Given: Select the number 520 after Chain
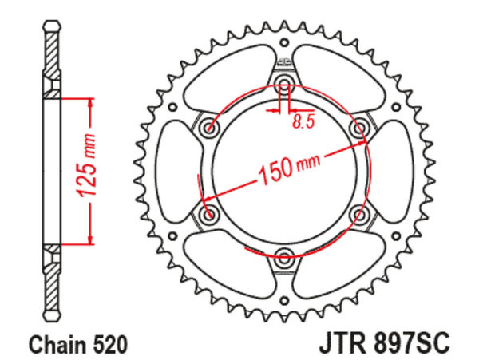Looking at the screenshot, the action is click(109, 345).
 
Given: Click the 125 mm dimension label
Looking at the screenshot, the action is click(85, 165).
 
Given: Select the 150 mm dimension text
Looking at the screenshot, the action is click(289, 169).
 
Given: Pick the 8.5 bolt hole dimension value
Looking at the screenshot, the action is click(303, 122).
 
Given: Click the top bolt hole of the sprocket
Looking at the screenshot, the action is click(284, 83).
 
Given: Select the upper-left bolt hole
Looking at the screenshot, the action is click(209, 126).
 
